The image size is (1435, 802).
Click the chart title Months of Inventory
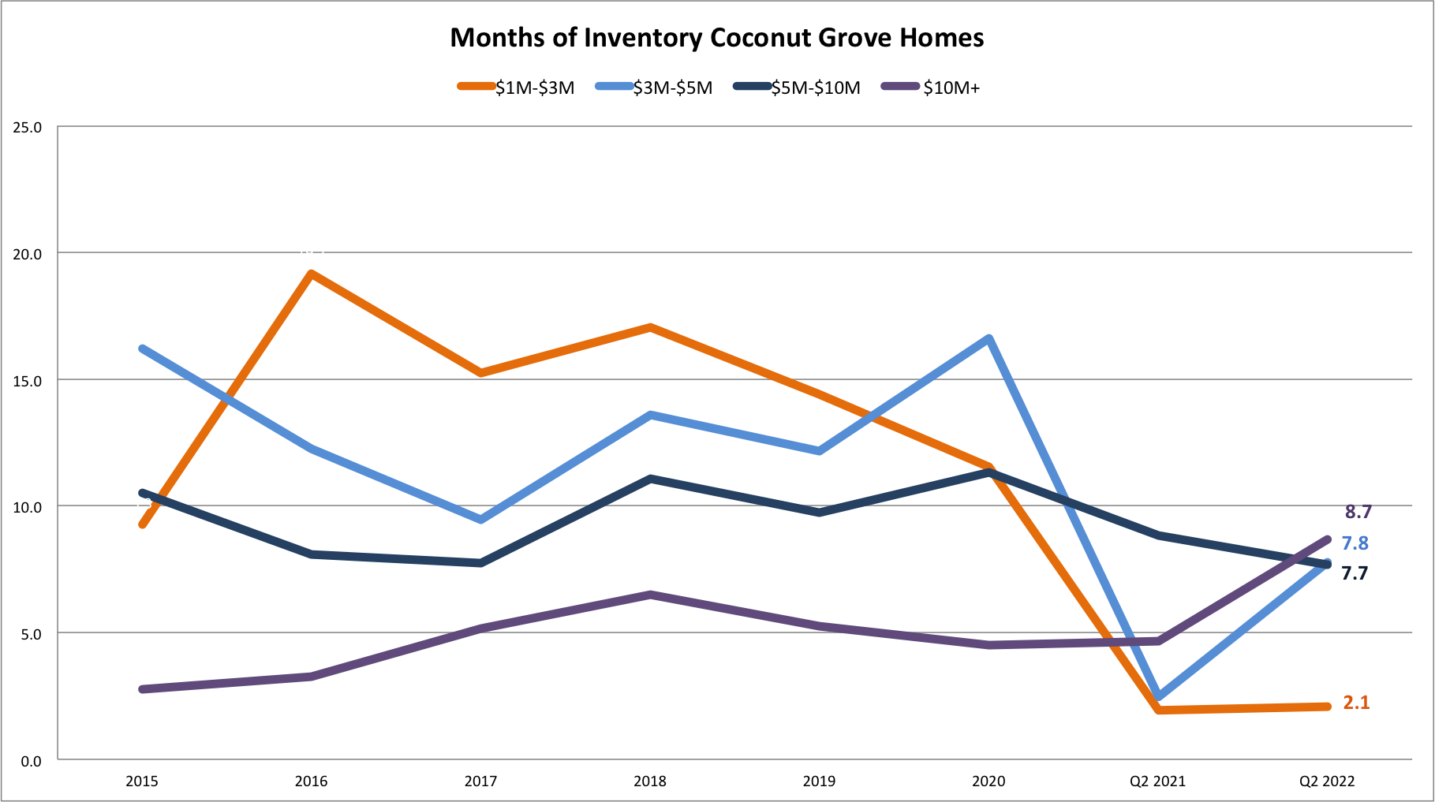click(716, 38)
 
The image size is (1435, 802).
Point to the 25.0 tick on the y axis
click(27, 127)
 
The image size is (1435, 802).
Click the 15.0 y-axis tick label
click(27, 380)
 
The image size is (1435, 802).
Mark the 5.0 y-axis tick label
click(30, 633)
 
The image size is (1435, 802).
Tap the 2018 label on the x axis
click(650, 781)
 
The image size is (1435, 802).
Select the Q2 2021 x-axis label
click(1157, 781)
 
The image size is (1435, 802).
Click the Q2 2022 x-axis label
click(1327, 781)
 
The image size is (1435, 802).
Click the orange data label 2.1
click(1356, 703)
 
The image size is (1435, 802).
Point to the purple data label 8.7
click(1358, 512)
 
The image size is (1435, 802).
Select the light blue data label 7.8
click(1355, 543)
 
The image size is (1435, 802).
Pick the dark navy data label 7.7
click(1355, 573)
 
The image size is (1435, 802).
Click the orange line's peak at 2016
click(312, 274)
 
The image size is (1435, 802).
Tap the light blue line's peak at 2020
click(988, 339)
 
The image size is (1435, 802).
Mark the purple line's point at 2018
click(650, 595)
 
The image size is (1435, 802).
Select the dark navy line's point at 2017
click(480, 563)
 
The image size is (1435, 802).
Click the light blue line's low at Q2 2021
click(1158, 696)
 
